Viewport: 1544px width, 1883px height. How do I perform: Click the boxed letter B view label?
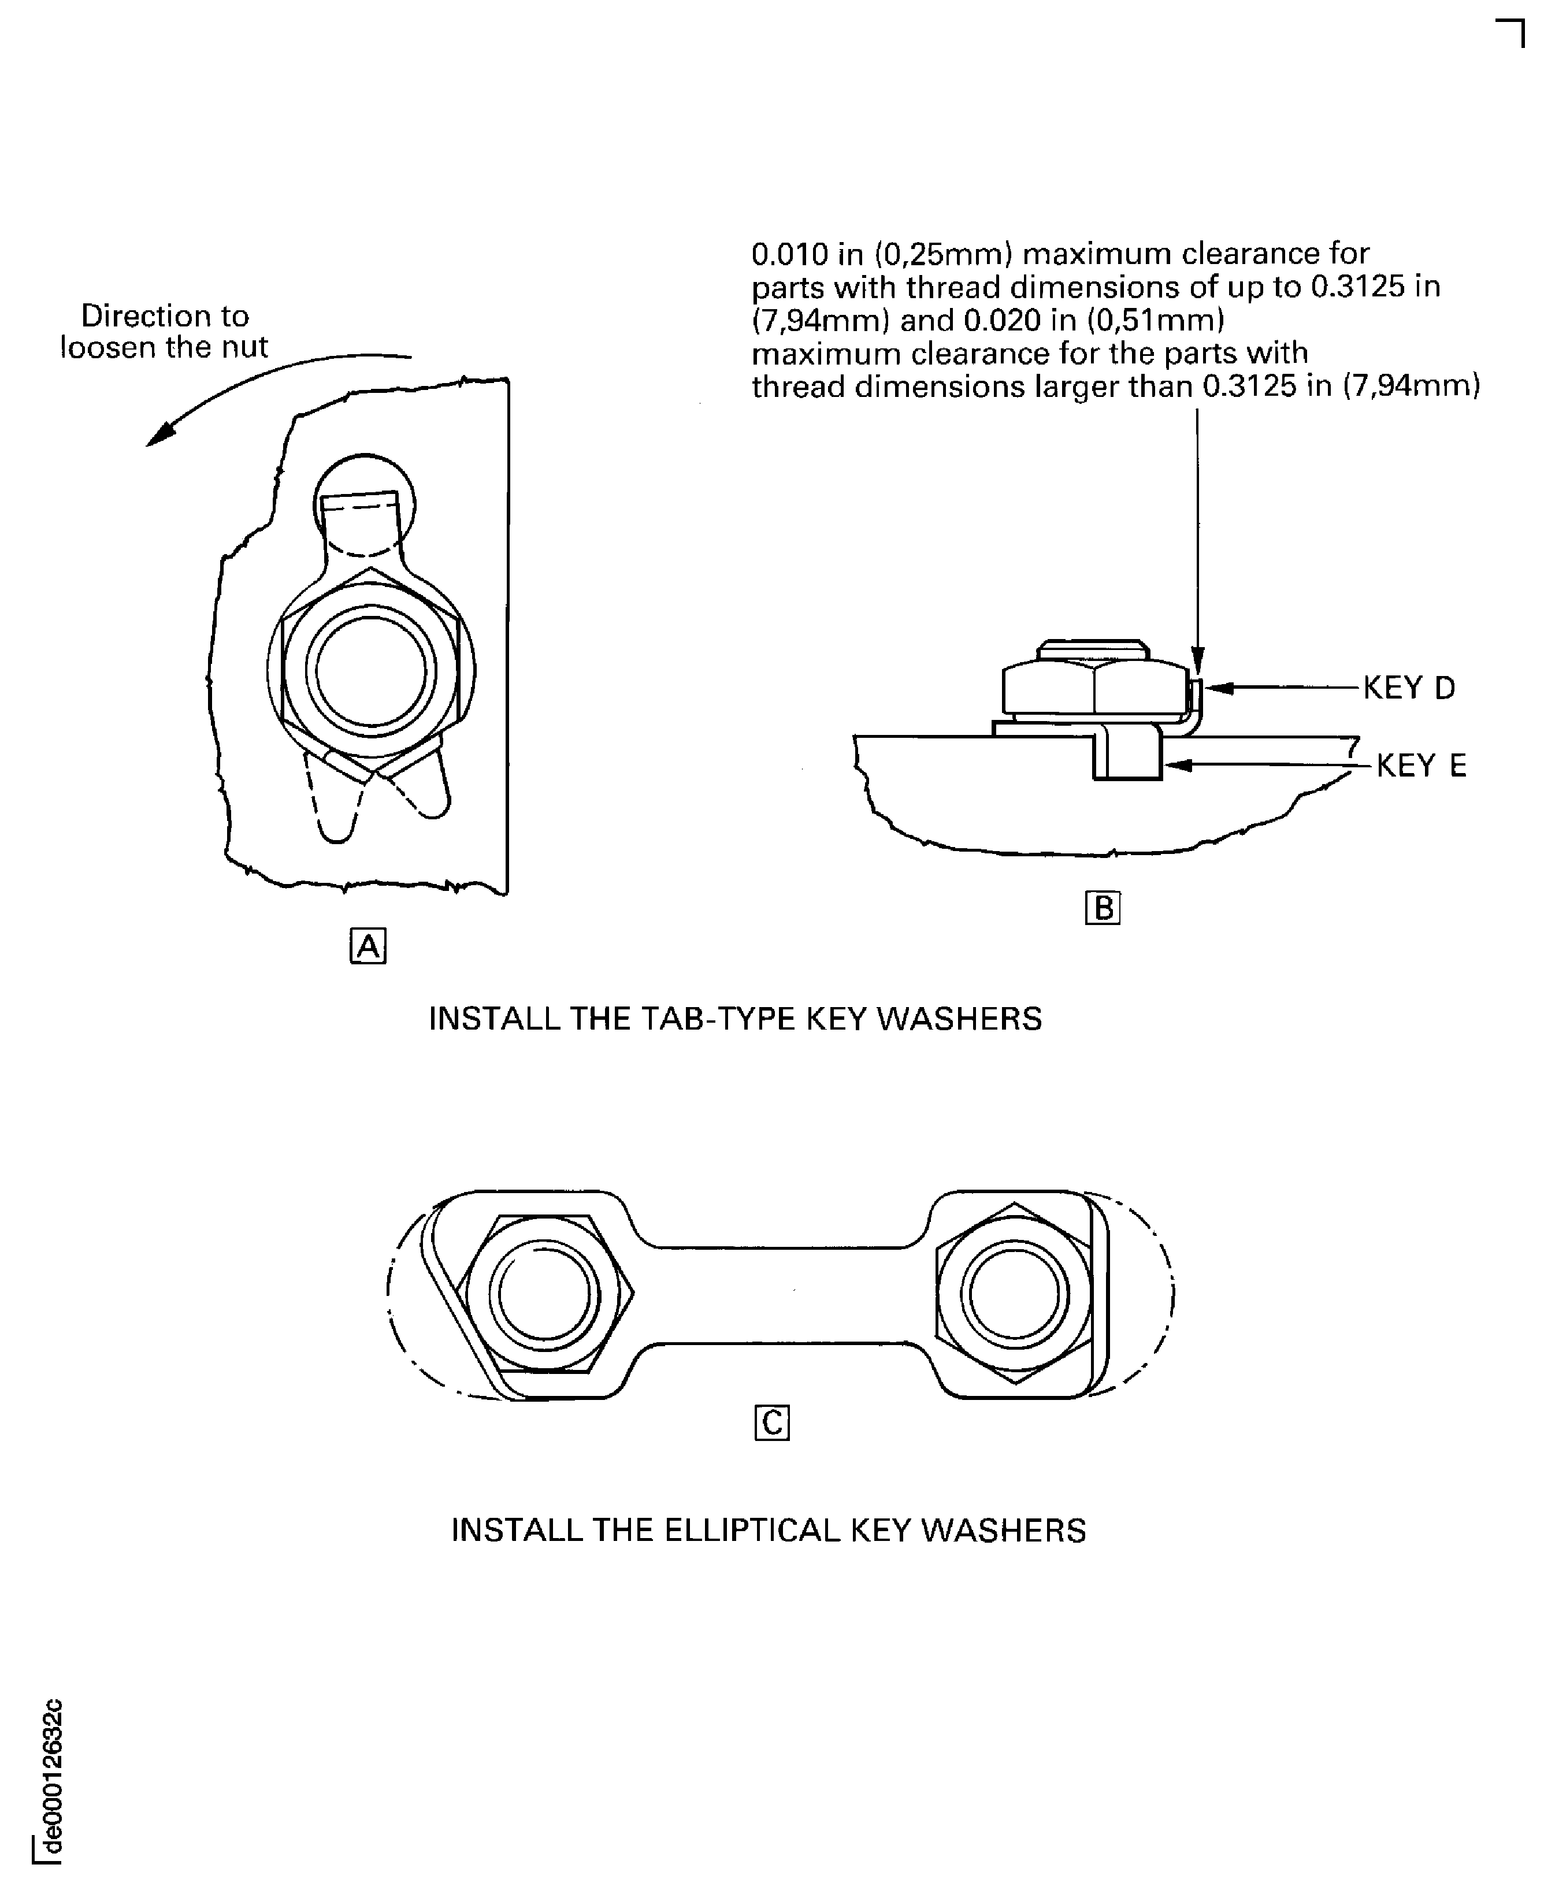(x=1103, y=907)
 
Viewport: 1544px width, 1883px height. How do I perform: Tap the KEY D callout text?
(x=1410, y=688)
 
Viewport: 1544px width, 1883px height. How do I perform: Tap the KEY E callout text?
(x=1421, y=765)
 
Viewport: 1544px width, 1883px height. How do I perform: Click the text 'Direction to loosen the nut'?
(x=165, y=331)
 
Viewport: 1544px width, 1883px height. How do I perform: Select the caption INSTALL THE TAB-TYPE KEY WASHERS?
(x=736, y=1019)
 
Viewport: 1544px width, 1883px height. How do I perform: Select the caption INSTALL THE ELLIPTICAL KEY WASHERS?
(x=769, y=1530)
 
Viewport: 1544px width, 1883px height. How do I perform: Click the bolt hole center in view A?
(x=371, y=669)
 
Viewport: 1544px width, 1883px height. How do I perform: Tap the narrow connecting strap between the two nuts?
(x=780, y=1294)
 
